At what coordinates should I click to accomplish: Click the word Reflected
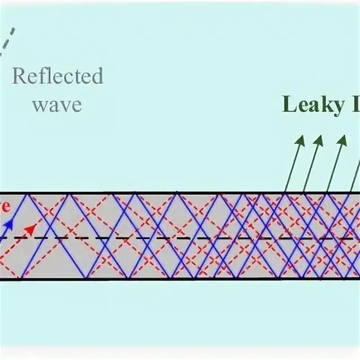pos(58,76)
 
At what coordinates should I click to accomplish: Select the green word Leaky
pos(312,104)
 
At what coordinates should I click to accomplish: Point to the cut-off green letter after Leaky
pos(354,104)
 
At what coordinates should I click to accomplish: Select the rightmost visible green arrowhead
pos(341,141)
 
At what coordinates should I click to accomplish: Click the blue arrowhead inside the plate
pos(8,224)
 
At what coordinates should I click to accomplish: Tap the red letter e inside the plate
pos(4,206)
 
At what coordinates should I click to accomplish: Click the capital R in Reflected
pos(19,76)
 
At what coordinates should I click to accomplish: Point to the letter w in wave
pos(39,105)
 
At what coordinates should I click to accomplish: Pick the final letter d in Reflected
pos(98,76)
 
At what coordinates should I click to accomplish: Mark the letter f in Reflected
pos(40,75)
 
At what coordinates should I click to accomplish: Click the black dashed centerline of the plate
pos(169,238)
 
